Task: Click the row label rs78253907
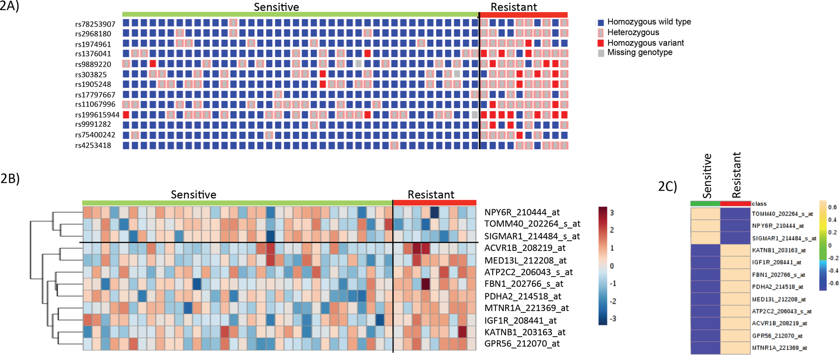[95, 24]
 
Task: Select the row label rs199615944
[97, 115]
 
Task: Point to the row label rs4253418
[93, 145]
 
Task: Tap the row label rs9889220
[93, 64]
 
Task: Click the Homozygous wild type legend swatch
[601, 22]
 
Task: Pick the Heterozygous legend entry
[633, 32]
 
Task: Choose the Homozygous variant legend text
[646, 43]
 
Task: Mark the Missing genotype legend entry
[640, 52]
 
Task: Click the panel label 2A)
[9, 7]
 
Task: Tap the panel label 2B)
[10, 179]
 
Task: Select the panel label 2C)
[667, 186]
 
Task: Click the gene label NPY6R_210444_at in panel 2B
[522, 213]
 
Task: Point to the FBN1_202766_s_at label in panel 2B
[524, 284]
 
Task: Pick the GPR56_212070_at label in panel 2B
[522, 344]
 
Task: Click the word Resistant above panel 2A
[514, 7]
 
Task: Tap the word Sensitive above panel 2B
[193, 194]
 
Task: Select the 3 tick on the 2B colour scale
[612, 213]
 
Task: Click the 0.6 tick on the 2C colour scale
[832, 207]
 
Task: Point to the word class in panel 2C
[759, 204]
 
